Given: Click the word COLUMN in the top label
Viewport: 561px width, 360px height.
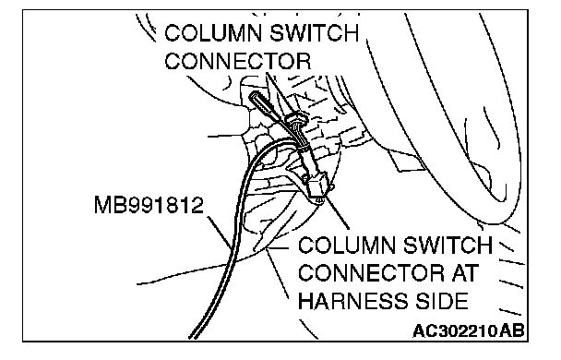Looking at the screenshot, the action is (213, 32).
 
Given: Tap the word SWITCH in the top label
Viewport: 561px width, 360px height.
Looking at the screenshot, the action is (314, 32).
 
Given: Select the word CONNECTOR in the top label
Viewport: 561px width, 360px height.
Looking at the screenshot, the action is (237, 61).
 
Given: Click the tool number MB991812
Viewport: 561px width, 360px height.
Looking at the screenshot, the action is (149, 205).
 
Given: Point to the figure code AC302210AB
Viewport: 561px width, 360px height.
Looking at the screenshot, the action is (468, 330).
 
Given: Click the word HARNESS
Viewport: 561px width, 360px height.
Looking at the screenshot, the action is (352, 301).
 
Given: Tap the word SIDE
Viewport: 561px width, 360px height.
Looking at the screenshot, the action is (441, 301).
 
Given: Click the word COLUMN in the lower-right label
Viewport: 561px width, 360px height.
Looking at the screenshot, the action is (347, 246).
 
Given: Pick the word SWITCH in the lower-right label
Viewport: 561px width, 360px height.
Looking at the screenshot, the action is (448, 246).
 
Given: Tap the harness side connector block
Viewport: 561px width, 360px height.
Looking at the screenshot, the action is (317, 189).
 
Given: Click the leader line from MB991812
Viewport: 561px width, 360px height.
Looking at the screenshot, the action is (220, 232).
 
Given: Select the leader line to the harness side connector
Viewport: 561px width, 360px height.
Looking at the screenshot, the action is (336, 212).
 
